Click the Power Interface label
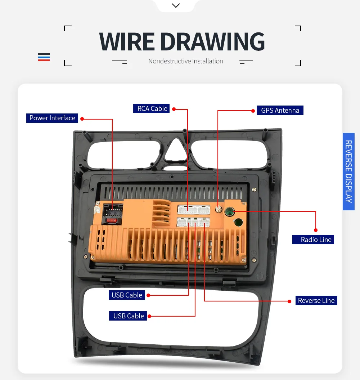(x=52, y=118)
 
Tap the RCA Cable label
(x=152, y=108)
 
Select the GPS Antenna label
(x=280, y=110)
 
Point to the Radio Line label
(x=313, y=240)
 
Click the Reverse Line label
(x=316, y=300)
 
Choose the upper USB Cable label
(x=127, y=295)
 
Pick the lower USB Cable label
(x=128, y=316)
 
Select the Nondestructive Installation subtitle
(x=186, y=61)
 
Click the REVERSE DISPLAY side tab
(x=348, y=171)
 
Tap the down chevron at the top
(x=176, y=5)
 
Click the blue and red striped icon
(x=44, y=57)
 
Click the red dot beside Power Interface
(x=82, y=119)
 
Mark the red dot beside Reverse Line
(x=289, y=301)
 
